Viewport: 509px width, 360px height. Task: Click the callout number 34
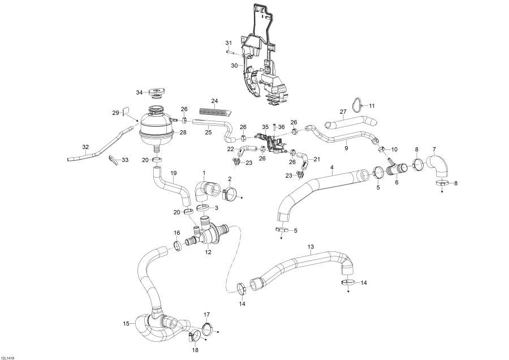tap(139, 92)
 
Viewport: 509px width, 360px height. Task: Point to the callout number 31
tap(229, 44)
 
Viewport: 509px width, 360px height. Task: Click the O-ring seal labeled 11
tap(356, 105)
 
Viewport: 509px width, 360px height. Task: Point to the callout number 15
tap(126, 324)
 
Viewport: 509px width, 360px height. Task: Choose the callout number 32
tap(85, 147)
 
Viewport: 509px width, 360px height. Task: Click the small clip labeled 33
tap(114, 160)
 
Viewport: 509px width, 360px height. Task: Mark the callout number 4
tap(332, 168)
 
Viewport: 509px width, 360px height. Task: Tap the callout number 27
tap(342, 112)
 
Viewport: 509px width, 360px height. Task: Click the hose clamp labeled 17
tap(207, 327)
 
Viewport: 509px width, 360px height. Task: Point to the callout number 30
tap(234, 66)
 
